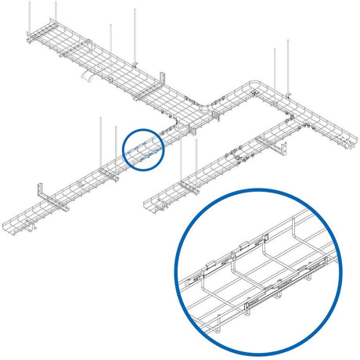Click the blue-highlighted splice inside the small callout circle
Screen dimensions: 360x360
(x=143, y=149)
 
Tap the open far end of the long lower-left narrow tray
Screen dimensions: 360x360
(x=11, y=228)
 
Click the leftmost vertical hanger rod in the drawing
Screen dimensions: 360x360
(x=31, y=16)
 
